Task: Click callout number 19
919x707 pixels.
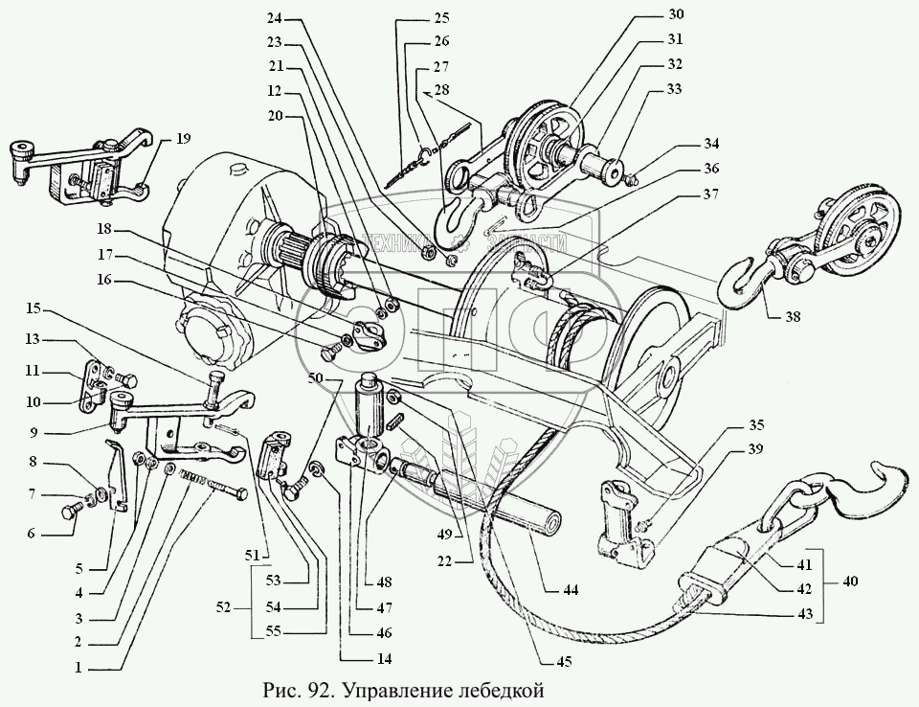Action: [183, 140]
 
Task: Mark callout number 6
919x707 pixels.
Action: [32, 534]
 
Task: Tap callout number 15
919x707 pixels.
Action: [34, 308]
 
